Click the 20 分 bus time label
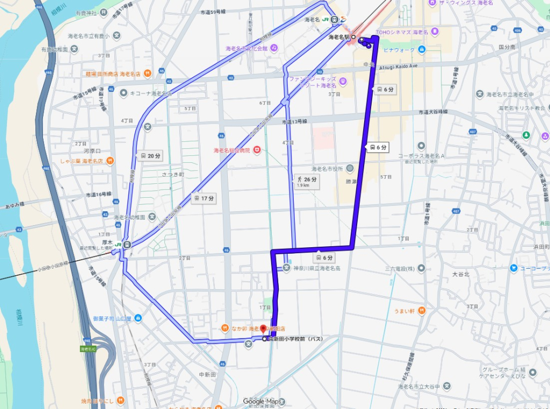coord(150,156)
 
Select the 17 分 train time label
coord(204,198)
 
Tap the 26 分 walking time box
coord(307,181)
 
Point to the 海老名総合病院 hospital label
coord(233,150)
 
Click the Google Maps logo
coord(262,401)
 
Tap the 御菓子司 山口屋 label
coord(112,318)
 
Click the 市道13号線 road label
coord(294,122)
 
